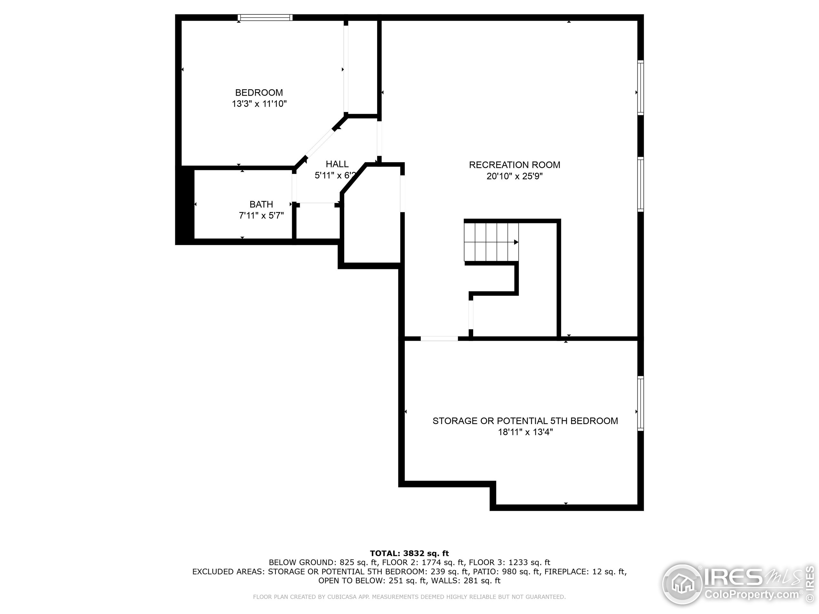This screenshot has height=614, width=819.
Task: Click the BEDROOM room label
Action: [x=259, y=92]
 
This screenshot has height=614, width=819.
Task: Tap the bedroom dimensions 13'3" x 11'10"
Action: [x=259, y=104]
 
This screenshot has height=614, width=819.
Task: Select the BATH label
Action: [x=261, y=204]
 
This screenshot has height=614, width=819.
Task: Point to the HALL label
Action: [x=337, y=164]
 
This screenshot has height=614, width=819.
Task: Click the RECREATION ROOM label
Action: [x=514, y=165]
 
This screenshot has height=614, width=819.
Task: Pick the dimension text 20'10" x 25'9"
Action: [x=514, y=176]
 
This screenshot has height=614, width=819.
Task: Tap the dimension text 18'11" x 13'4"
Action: [x=525, y=432]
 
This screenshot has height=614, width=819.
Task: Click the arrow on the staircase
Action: [x=516, y=242]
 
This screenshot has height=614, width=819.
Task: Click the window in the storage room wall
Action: [x=640, y=403]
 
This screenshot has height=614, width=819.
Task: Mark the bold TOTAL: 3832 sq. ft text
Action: [x=409, y=553]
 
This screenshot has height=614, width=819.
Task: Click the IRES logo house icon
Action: [x=682, y=584]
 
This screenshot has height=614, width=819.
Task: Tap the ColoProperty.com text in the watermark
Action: [x=751, y=595]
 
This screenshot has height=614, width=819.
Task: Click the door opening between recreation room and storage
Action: [x=439, y=338]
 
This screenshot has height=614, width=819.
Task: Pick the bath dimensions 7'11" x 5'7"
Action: [x=261, y=216]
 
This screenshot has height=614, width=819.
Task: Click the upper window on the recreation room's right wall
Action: [x=640, y=88]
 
